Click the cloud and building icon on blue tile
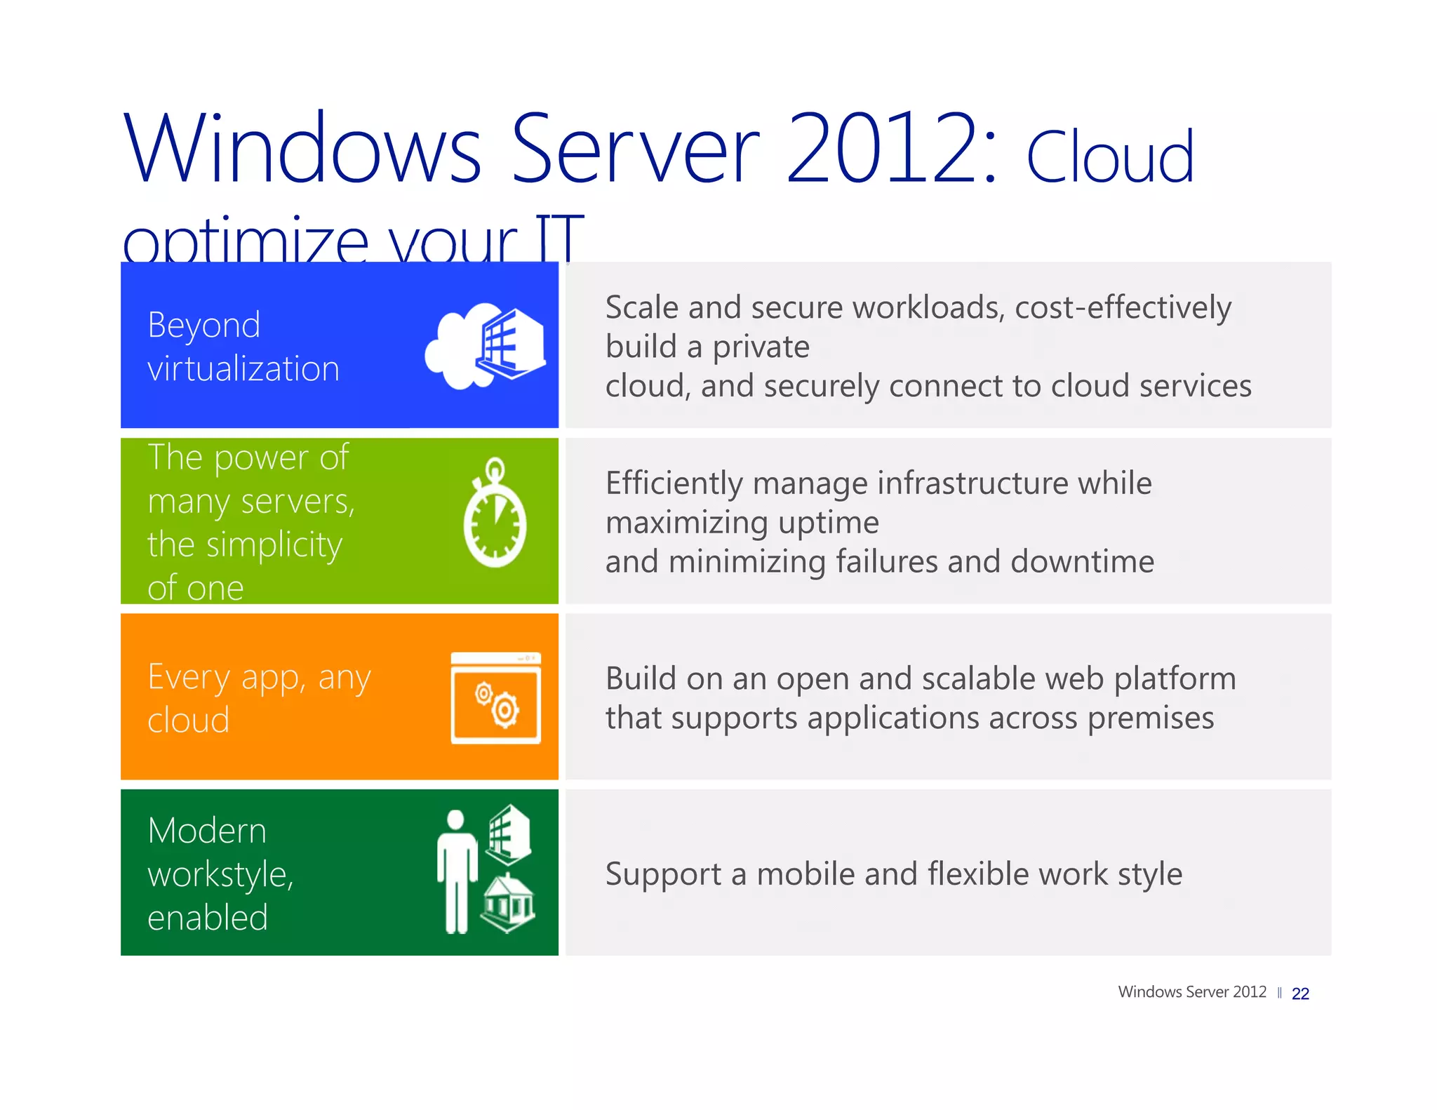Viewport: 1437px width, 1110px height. tap(486, 345)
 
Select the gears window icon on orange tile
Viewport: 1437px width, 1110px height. tap(495, 698)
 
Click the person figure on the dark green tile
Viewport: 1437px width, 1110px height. tap(457, 871)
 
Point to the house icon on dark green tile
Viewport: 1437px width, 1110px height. tap(508, 903)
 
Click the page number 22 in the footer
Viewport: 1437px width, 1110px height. tap(1299, 994)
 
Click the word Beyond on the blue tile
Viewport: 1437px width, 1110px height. tap(203, 326)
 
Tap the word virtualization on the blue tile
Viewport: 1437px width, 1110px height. tap(243, 369)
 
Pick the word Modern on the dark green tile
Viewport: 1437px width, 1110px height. tap(207, 831)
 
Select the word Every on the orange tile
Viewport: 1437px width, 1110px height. tap(189, 678)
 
